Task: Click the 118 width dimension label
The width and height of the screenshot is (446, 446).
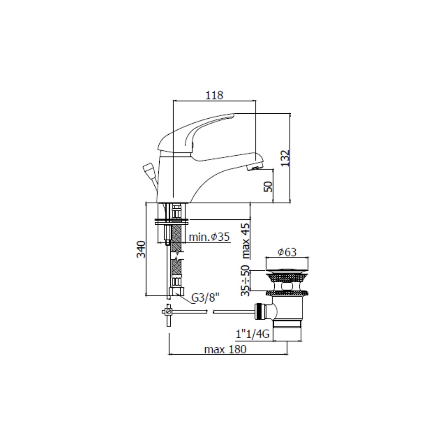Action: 215,95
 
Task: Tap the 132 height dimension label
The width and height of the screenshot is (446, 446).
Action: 285,158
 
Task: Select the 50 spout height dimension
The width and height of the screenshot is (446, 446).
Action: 268,186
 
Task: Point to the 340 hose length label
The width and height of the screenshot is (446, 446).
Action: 141,249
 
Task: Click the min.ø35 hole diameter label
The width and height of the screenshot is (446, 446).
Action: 209,237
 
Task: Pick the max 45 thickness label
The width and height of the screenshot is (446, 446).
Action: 245,241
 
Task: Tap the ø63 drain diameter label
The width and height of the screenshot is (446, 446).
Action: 287,252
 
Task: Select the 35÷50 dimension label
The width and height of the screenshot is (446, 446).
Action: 245,281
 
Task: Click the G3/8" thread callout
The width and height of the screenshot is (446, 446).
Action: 206,298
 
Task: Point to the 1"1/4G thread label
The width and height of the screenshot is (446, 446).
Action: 252,334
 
